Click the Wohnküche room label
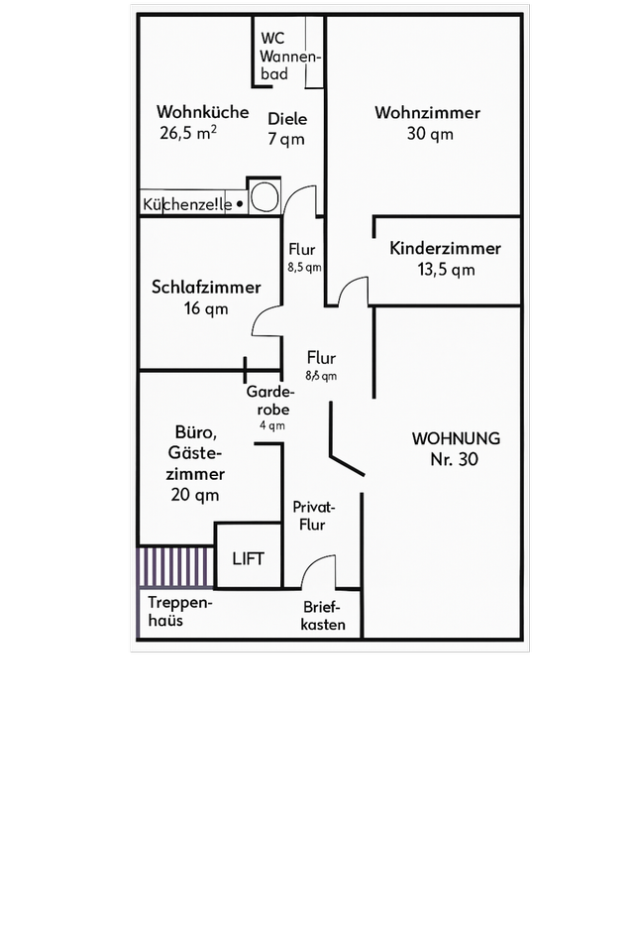(202, 112)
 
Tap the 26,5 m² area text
(189, 133)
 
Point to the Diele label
(287, 119)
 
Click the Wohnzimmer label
(427, 113)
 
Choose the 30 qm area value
(430, 134)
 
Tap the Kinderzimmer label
(445, 249)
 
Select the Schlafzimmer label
(206, 288)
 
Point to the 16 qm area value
(206, 308)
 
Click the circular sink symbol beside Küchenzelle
(264, 195)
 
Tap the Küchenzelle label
(188, 205)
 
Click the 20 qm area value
(195, 495)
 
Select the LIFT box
(249, 558)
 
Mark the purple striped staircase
(175, 567)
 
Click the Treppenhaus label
(178, 612)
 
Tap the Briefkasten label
(324, 616)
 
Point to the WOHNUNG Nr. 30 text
(456, 448)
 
